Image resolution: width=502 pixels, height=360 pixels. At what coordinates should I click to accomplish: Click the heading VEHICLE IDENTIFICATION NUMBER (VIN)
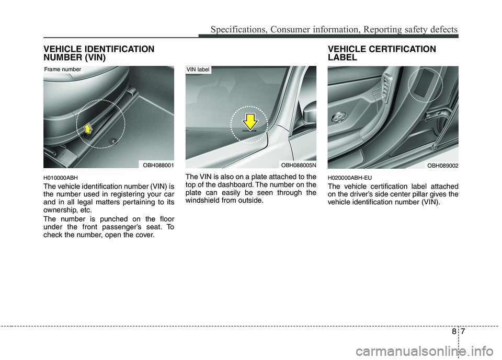(x=99, y=53)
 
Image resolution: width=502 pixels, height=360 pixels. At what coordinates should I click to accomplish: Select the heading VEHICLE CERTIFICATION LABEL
(x=381, y=53)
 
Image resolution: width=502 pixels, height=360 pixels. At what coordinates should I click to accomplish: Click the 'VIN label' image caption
(x=198, y=68)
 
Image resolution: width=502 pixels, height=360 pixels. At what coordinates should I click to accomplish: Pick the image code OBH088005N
(x=297, y=165)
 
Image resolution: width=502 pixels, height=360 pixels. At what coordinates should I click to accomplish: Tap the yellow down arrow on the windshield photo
(x=250, y=121)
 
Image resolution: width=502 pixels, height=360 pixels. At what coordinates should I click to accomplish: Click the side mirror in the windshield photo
(x=309, y=112)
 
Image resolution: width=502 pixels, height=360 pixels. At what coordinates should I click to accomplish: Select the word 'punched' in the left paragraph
(x=112, y=218)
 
